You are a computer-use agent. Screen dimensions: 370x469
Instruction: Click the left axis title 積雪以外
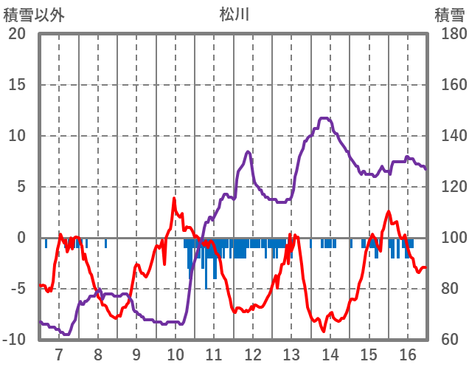34,14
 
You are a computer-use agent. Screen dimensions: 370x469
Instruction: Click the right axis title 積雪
448,14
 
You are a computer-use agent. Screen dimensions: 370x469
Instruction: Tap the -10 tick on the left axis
15,340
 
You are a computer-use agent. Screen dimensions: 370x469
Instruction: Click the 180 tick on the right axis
449,34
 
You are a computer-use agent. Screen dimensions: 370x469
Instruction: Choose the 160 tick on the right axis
449,85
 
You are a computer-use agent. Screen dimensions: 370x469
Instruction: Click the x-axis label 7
59,355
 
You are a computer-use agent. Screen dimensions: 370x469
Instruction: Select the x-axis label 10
176,355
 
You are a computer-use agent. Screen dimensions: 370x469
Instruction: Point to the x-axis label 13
291,355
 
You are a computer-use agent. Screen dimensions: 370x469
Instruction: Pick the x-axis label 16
408,355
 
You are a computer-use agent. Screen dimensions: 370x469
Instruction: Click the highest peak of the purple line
324,118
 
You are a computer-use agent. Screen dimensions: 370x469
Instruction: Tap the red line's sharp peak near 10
175,199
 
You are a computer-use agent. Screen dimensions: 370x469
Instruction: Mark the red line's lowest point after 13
322,331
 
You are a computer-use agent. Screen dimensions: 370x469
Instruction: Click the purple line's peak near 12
249,152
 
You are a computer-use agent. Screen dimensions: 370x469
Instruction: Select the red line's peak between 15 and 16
389,212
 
